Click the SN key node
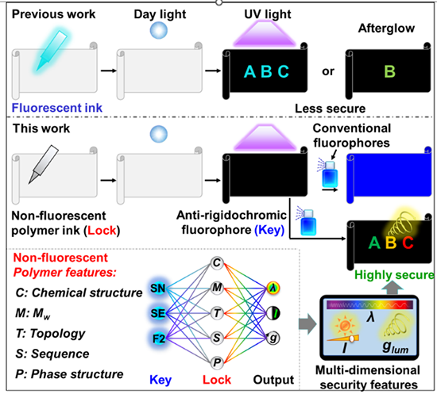[158, 288]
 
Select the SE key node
[158, 313]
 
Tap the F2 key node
[159, 339]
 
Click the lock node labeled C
[217, 262]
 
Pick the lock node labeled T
[217, 313]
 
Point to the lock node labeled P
[217, 362]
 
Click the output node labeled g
[273, 339]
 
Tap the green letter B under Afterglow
[389, 71]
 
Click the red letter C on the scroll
[408, 243]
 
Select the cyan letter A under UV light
[249, 71]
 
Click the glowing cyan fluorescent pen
[52, 51]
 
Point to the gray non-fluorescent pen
[44, 164]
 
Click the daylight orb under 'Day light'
[159, 30]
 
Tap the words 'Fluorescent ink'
[57, 108]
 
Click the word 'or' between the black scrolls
[328, 71]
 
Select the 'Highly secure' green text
[394, 275]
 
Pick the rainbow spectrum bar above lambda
[369, 304]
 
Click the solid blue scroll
[389, 174]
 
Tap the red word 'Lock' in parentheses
[102, 231]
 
